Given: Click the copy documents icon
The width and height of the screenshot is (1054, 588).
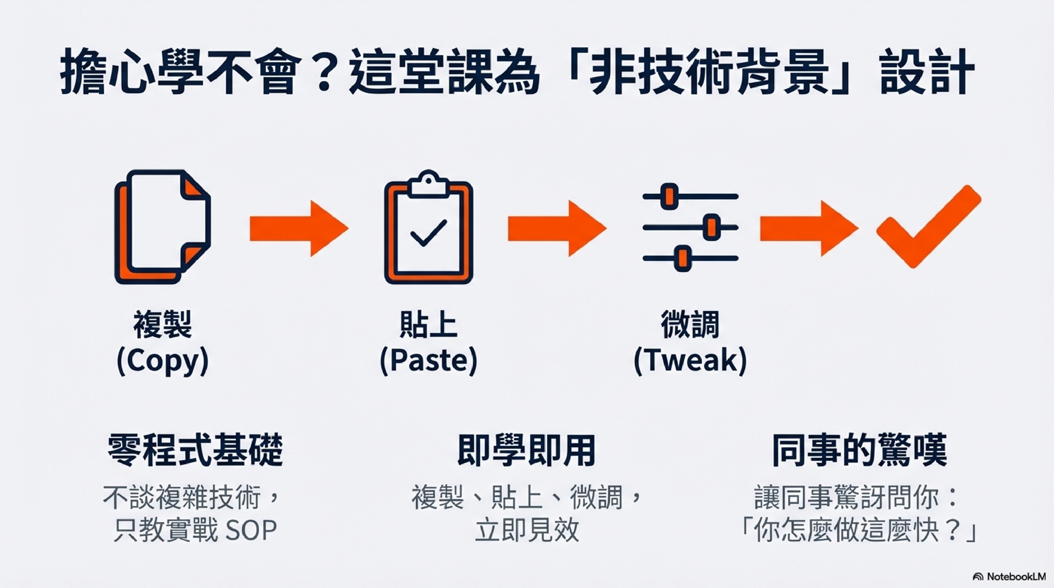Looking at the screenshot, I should [162, 227].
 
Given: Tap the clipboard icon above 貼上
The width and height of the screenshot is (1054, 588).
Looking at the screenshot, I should [428, 228].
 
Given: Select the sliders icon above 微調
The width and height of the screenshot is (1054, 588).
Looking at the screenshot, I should [690, 228].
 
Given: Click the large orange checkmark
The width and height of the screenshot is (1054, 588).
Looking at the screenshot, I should [928, 227].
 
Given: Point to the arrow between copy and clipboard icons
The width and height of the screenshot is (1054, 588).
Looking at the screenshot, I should [299, 228].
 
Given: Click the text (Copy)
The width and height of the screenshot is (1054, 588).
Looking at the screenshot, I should [162, 361].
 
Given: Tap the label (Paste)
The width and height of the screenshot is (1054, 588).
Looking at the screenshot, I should [428, 361].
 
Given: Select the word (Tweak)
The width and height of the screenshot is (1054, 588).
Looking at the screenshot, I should [690, 361].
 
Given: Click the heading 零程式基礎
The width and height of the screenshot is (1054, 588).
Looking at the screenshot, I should [195, 450].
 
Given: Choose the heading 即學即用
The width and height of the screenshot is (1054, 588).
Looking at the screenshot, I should [526, 450].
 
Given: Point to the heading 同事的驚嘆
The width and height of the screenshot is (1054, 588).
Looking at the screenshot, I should [859, 450].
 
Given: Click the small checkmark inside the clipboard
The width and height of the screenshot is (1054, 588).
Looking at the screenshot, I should [428, 233].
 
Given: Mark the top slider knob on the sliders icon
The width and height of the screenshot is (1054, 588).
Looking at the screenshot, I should [669, 197].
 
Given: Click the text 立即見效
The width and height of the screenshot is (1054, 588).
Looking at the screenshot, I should [526, 531].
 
